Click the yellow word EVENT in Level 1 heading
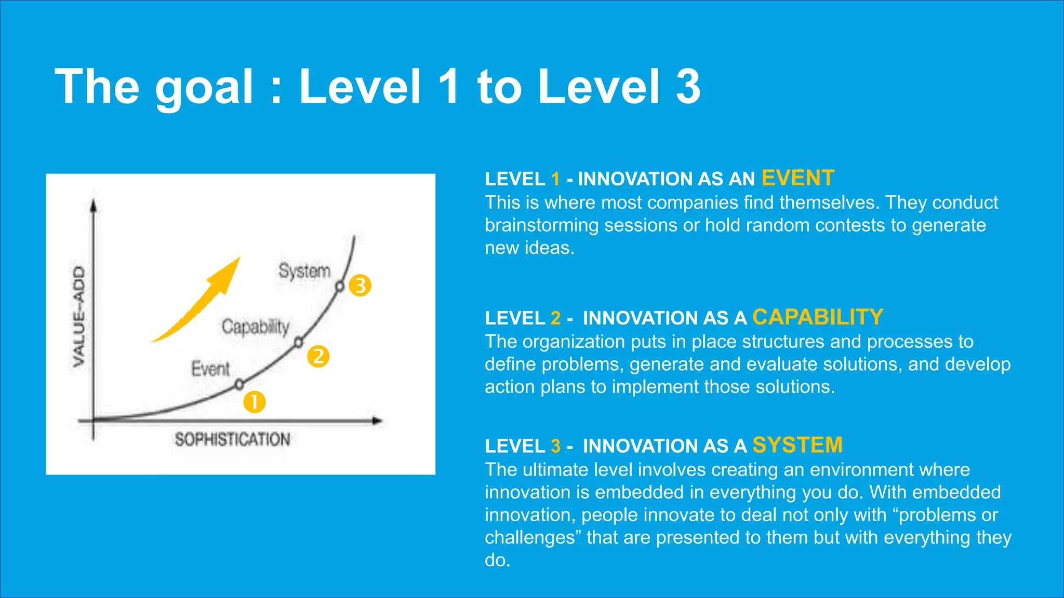797,178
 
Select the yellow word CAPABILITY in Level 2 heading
817,317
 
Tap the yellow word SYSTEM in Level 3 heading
797,445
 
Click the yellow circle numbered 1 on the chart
255,402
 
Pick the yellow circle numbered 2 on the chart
318,357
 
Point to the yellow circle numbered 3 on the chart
360,286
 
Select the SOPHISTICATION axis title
232,440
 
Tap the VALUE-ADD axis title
79,316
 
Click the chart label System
304,271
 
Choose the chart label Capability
255,327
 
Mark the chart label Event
210,369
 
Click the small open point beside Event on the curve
239,385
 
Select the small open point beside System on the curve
340,286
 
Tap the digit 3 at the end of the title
688,86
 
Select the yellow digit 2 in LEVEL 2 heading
555,318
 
